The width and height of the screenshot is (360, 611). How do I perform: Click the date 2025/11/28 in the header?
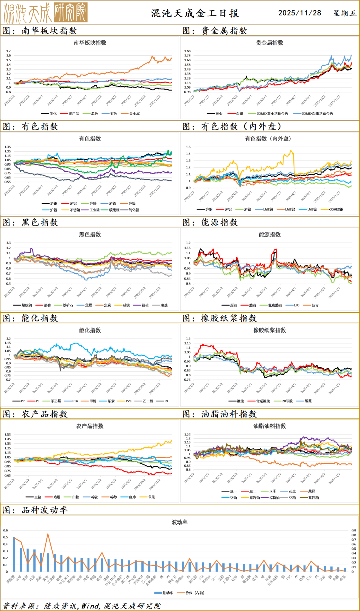300,13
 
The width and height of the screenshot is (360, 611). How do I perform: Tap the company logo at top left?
46,12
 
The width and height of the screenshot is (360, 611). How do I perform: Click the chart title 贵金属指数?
269,43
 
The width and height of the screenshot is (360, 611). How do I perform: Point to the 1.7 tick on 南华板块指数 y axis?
8,51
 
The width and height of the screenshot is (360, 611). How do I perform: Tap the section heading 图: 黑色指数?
31,223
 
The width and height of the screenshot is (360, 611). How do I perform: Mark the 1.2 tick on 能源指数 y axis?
188,243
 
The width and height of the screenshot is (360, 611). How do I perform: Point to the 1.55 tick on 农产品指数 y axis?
8,435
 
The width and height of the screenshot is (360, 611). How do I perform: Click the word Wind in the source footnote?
91,606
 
